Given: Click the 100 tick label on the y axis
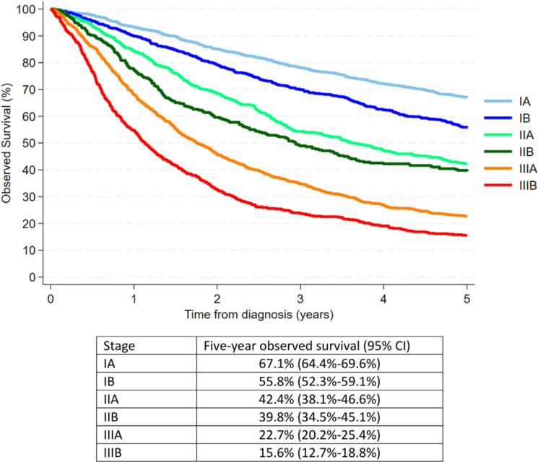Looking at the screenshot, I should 27,9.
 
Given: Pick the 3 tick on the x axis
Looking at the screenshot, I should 300,298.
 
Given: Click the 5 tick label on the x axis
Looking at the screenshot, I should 467,298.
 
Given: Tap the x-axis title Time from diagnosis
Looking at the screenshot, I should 258,314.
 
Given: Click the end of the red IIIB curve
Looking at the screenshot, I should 467,235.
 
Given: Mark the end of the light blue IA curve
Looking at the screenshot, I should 467,97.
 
